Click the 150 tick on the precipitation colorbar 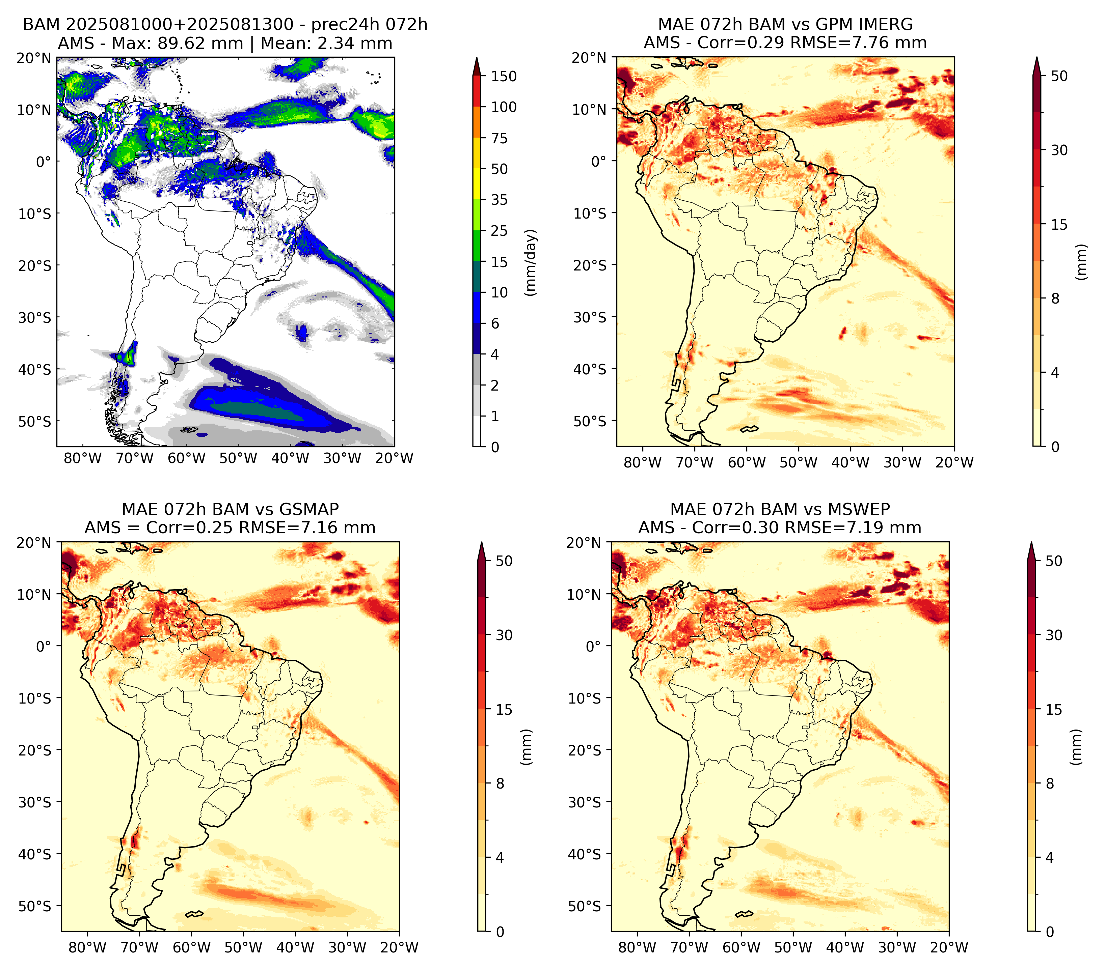coord(503,76)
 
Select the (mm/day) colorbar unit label coord(531,262)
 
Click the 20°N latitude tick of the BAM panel coord(33,58)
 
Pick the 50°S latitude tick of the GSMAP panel coord(35,906)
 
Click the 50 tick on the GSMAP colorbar coord(504,561)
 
